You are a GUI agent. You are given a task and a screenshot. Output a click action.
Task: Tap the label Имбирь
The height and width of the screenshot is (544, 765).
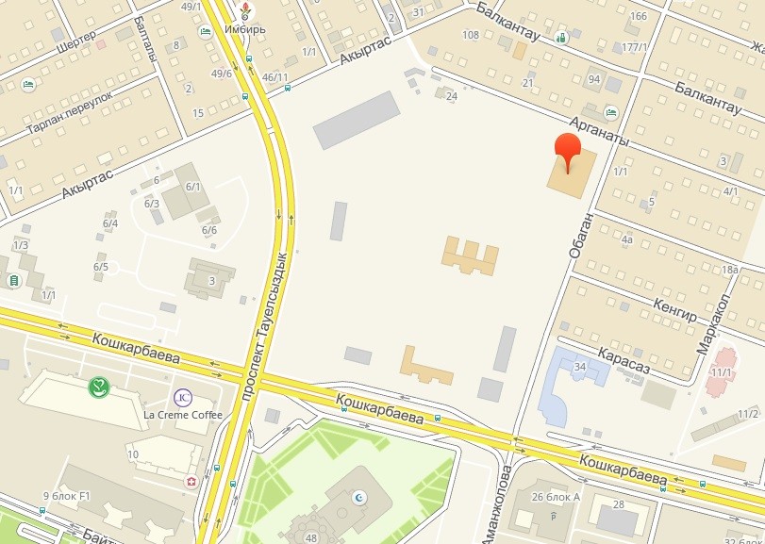[x=245, y=28]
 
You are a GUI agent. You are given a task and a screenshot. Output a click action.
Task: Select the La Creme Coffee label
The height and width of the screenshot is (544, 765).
[x=183, y=415]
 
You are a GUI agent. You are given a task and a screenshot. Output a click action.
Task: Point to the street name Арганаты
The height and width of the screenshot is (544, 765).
[x=598, y=128]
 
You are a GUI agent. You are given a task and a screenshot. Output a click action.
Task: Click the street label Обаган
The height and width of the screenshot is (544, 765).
[x=581, y=235]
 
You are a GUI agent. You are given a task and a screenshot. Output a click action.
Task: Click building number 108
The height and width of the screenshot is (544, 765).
[x=471, y=35]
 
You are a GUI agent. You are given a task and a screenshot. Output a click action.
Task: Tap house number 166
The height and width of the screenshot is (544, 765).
[x=639, y=16]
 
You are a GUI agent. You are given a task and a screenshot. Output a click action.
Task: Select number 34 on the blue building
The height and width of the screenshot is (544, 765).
[x=580, y=367]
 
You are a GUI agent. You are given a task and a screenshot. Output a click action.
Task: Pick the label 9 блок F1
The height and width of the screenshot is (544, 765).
[x=65, y=496]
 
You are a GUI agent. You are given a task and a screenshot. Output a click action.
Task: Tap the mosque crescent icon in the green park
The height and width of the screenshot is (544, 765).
[x=358, y=497]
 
